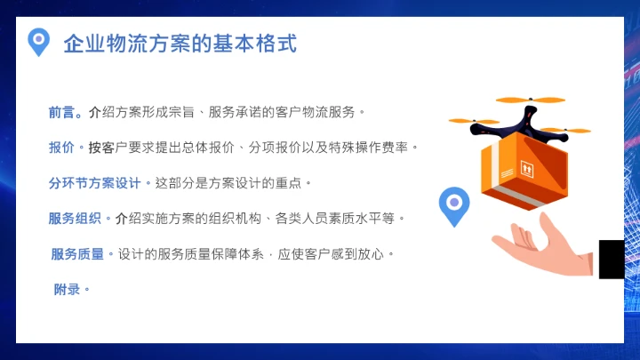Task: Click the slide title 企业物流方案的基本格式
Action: [180, 44]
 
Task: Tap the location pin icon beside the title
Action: [38, 42]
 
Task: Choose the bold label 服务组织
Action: [75, 218]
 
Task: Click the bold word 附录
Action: [67, 290]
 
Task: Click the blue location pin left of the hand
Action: [454, 205]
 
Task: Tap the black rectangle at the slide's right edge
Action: [611, 259]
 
